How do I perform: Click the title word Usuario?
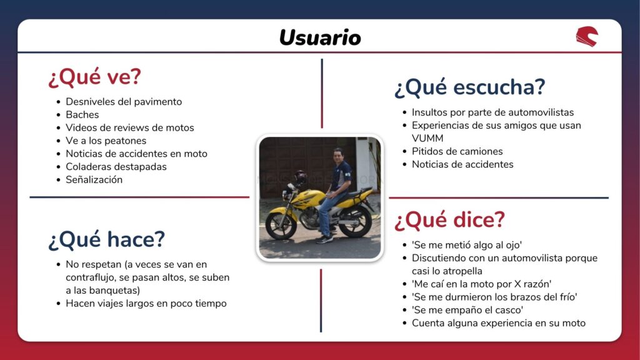pos(320,37)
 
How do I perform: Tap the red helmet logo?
pos(587,37)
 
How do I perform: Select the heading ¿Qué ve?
pos(95,77)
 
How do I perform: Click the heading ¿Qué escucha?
pos(470,87)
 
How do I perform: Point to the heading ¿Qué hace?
pos(106,239)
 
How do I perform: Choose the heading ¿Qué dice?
pos(450,220)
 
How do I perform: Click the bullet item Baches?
pos(82,115)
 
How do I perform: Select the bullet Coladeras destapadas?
pos(116,166)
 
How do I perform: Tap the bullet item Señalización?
pos(94,179)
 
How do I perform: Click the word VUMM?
pos(427,138)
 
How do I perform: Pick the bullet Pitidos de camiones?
pos(457,151)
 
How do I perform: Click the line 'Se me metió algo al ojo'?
pos(467,245)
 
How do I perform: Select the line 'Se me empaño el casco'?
pos(467,310)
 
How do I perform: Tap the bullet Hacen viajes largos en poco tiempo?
pos(146,303)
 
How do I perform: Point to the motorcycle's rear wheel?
pos(356,221)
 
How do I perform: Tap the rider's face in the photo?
pos(337,156)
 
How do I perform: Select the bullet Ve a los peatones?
pos(106,141)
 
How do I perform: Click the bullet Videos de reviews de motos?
pos(130,127)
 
